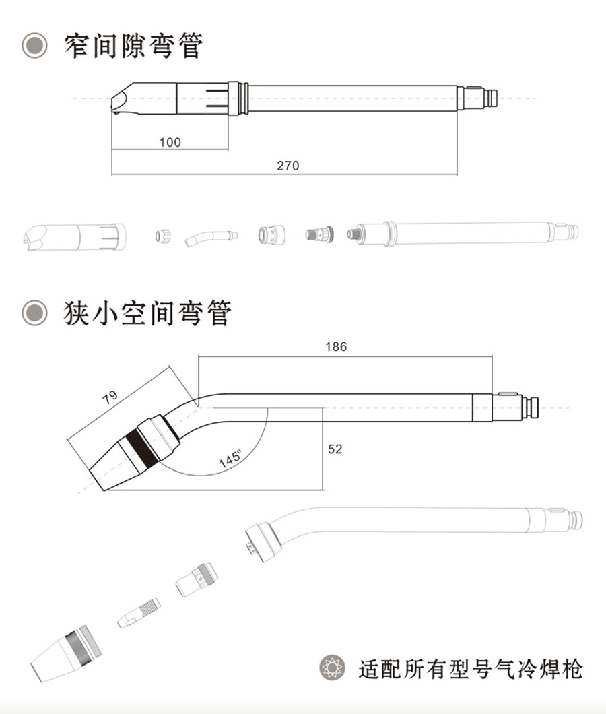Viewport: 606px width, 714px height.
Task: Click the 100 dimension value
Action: pyautogui.click(x=170, y=142)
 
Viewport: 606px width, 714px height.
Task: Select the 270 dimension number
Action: pyautogui.click(x=288, y=165)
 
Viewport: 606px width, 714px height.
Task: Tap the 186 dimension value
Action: pyautogui.click(x=336, y=346)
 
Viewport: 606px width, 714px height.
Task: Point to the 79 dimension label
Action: pyautogui.click(x=110, y=397)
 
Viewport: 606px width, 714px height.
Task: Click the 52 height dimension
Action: pyautogui.click(x=335, y=449)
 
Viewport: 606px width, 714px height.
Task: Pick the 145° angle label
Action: pyautogui.click(x=230, y=459)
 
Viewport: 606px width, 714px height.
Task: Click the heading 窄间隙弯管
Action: pyautogui.click(x=133, y=46)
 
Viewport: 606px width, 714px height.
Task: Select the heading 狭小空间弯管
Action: pyautogui.click(x=147, y=313)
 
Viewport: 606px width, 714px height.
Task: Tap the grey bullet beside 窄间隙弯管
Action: pyautogui.click(x=34, y=46)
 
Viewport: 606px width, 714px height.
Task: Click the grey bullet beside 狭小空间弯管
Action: pyautogui.click(x=34, y=313)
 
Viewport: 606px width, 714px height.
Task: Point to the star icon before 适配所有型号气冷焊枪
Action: pyautogui.click(x=333, y=668)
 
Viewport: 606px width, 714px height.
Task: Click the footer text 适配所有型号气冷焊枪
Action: pyautogui.click(x=470, y=669)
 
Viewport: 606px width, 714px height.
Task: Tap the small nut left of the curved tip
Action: pyautogui.click(x=162, y=236)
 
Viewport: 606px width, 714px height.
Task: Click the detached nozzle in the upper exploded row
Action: pyautogui.click(x=74, y=237)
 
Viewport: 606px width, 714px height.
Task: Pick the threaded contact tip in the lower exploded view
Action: pyautogui.click(x=139, y=613)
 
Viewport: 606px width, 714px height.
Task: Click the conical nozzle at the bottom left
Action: pyautogui.click(x=66, y=653)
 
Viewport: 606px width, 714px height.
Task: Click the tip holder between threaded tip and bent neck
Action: pyautogui.click(x=197, y=580)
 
